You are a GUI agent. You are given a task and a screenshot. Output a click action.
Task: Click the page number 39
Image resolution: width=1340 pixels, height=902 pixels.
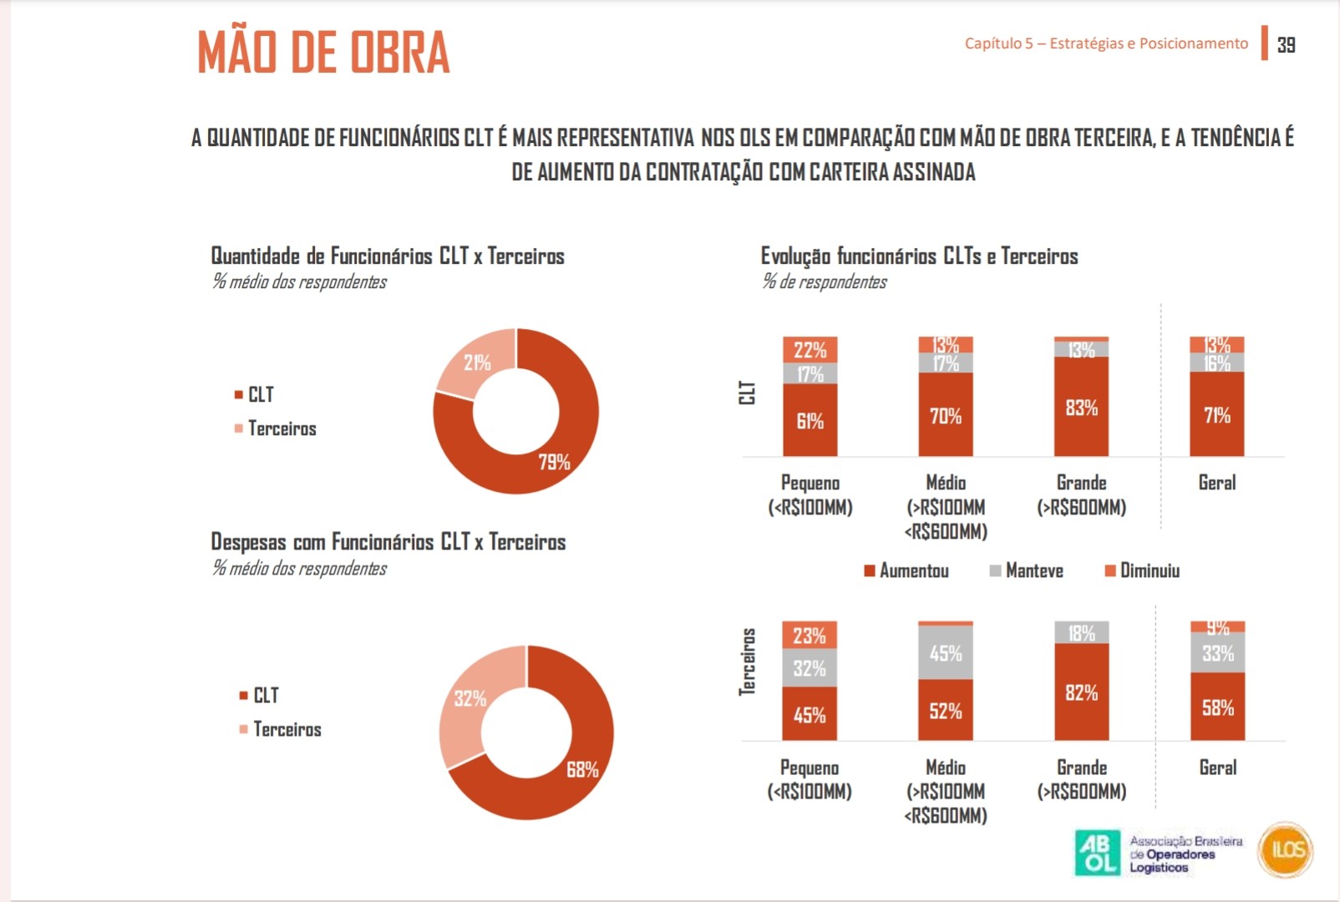click(x=1286, y=45)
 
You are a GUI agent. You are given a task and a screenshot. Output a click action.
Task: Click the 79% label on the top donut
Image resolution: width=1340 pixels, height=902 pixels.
click(x=554, y=462)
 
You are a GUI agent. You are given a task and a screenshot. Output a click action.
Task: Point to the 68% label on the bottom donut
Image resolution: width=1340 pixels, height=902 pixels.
click(x=582, y=770)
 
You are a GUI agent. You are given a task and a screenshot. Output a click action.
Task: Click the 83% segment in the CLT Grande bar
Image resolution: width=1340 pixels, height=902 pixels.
click(x=1081, y=408)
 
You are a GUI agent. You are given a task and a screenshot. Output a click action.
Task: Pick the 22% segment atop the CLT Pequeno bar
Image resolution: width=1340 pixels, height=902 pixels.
click(x=810, y=350)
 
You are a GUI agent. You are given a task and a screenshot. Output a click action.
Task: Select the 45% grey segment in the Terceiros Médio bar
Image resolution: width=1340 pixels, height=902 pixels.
click(x=945, y=653)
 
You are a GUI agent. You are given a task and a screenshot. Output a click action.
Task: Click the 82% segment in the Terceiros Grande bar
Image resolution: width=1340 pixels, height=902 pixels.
click(x=1081, y=692)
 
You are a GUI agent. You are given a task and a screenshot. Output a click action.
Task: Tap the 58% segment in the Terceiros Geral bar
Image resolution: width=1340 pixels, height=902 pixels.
click(x=1217, y=707)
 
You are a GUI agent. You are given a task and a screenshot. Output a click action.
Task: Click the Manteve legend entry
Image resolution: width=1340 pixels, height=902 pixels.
click(x=1027, y=570)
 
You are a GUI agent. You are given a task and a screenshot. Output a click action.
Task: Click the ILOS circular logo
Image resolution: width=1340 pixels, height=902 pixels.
click(x=1286, y=850)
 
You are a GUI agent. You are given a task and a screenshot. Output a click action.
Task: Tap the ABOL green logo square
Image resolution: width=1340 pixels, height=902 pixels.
click(x=1096, y=853)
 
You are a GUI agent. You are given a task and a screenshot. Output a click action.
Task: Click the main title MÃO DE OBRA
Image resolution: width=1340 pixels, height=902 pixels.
click(x=323, y=52)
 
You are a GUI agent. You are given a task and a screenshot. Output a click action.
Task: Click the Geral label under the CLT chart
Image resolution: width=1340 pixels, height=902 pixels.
click(x=1216, y=483)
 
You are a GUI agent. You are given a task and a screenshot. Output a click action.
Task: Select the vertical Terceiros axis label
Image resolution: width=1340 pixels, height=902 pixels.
click(x=748, y=662)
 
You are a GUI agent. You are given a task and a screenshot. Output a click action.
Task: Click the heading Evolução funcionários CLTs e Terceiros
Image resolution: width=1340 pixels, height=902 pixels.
click(x=919, y=256)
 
